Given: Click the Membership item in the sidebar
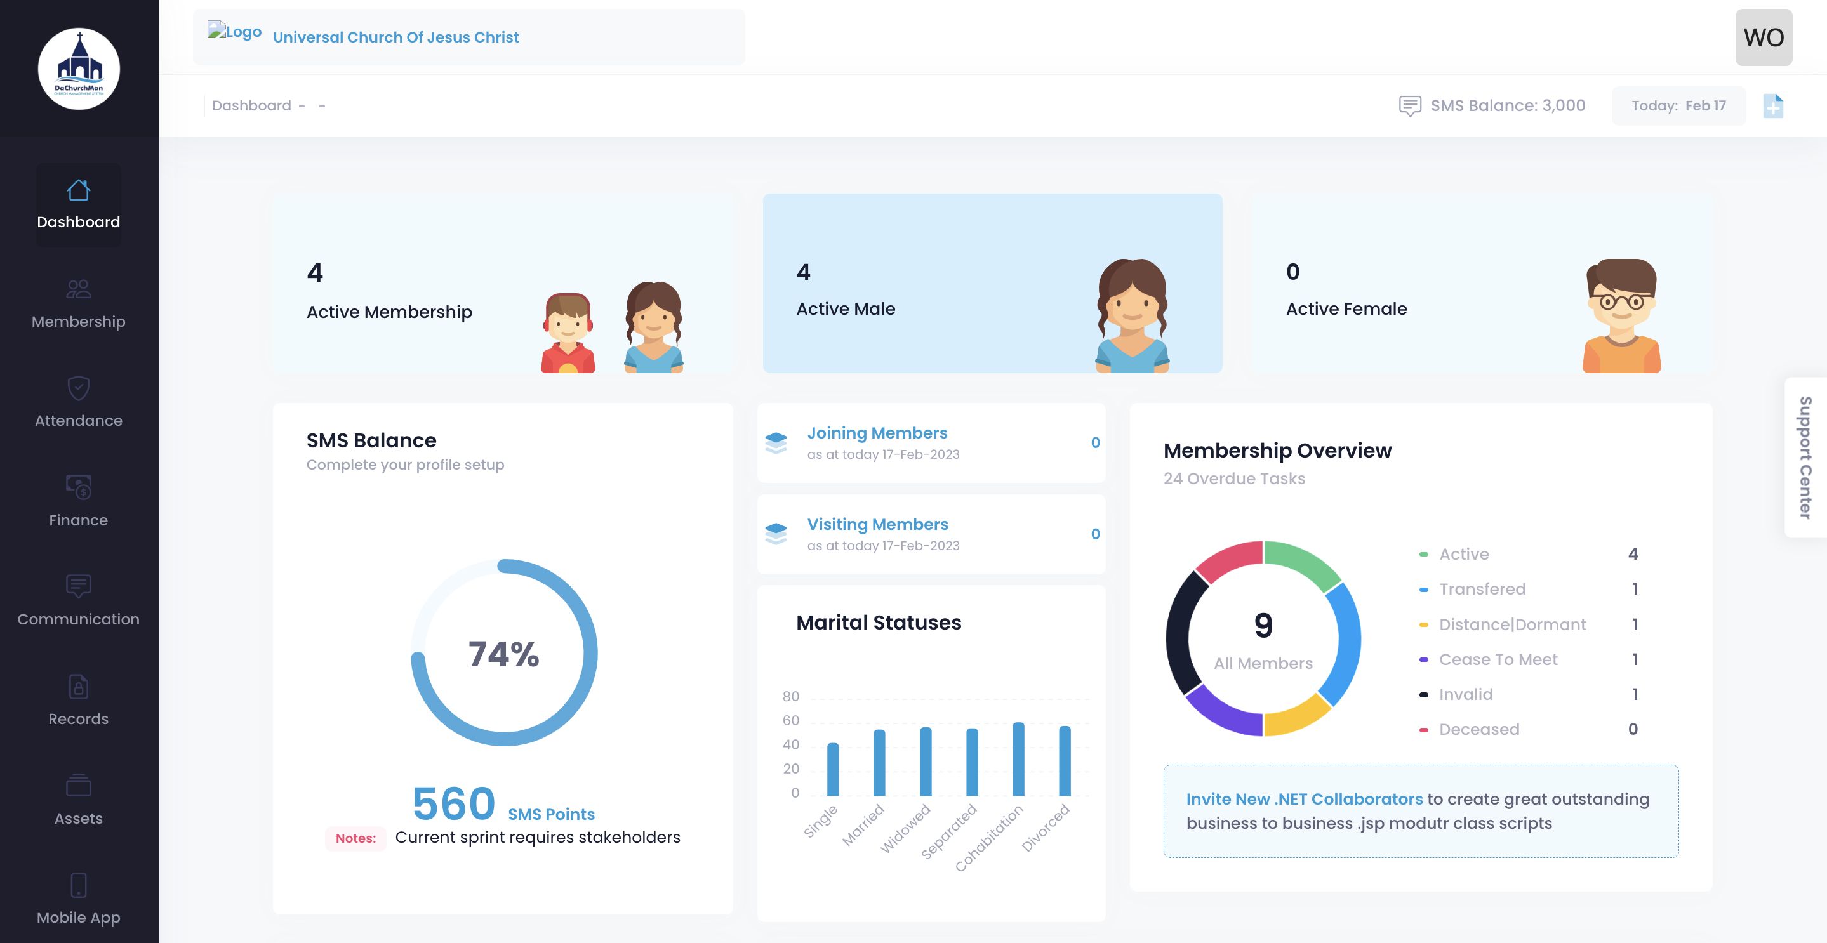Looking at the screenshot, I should coord(78,304).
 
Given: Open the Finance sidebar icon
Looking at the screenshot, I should coord(78,487).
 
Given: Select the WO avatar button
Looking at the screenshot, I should coord(1762,37).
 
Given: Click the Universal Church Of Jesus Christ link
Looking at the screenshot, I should coord(395,37).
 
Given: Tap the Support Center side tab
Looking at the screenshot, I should coord(1805,458).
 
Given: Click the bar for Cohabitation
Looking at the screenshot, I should coord(1018,759).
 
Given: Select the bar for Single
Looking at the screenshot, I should coord(833,769).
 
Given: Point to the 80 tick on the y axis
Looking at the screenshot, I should coord(790,696).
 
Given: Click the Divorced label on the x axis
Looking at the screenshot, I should coord(1046,828).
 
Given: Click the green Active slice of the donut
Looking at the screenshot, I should coord(1302,563).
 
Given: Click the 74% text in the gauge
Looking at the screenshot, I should coord(503,654).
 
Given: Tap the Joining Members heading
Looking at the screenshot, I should coord(877,433).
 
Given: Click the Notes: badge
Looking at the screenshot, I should coord(355,838).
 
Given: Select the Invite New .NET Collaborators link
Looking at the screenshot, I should coord(1303,799).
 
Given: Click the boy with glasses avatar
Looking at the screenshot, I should coord(1621,315).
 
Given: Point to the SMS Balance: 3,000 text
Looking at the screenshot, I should coord(1507,105).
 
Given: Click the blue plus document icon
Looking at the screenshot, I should coord(1772,107).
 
